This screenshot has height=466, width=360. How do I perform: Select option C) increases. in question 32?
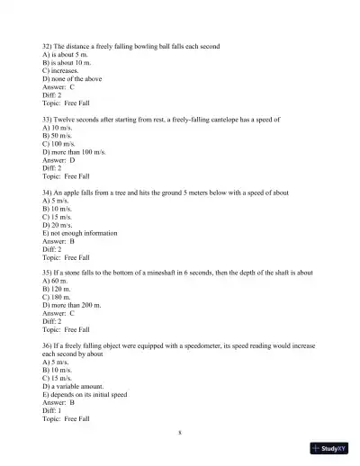coord(62,67)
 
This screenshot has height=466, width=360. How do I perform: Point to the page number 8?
coord(180,432)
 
